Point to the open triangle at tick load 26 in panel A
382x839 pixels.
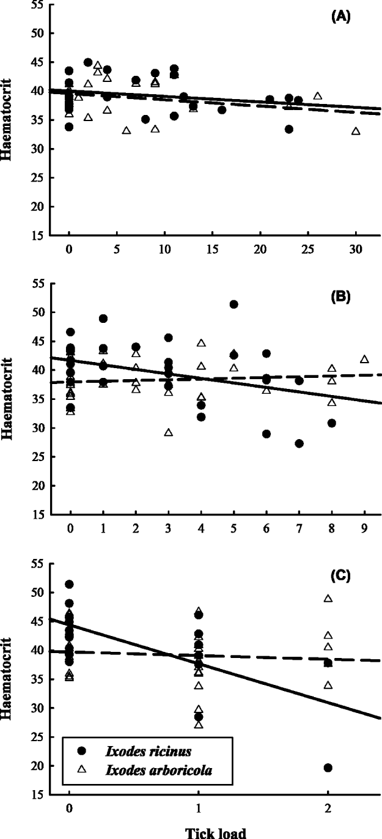[318, 96]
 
